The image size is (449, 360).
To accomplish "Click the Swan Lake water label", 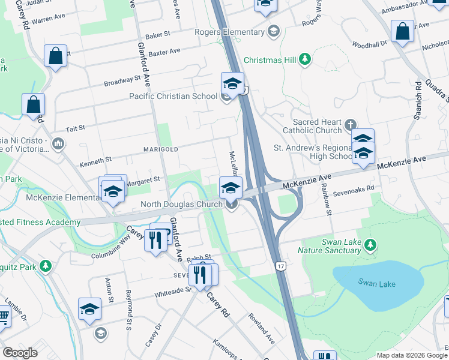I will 377,283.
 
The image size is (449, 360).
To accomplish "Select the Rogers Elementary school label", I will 230,32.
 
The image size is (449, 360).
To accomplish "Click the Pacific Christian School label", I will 173,96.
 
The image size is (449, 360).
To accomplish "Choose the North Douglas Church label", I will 182,204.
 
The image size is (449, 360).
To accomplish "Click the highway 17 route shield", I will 280,265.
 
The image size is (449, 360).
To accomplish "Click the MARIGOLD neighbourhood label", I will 160,149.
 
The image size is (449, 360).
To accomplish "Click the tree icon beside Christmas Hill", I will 305,59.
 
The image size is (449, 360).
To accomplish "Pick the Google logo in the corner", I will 20,353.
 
